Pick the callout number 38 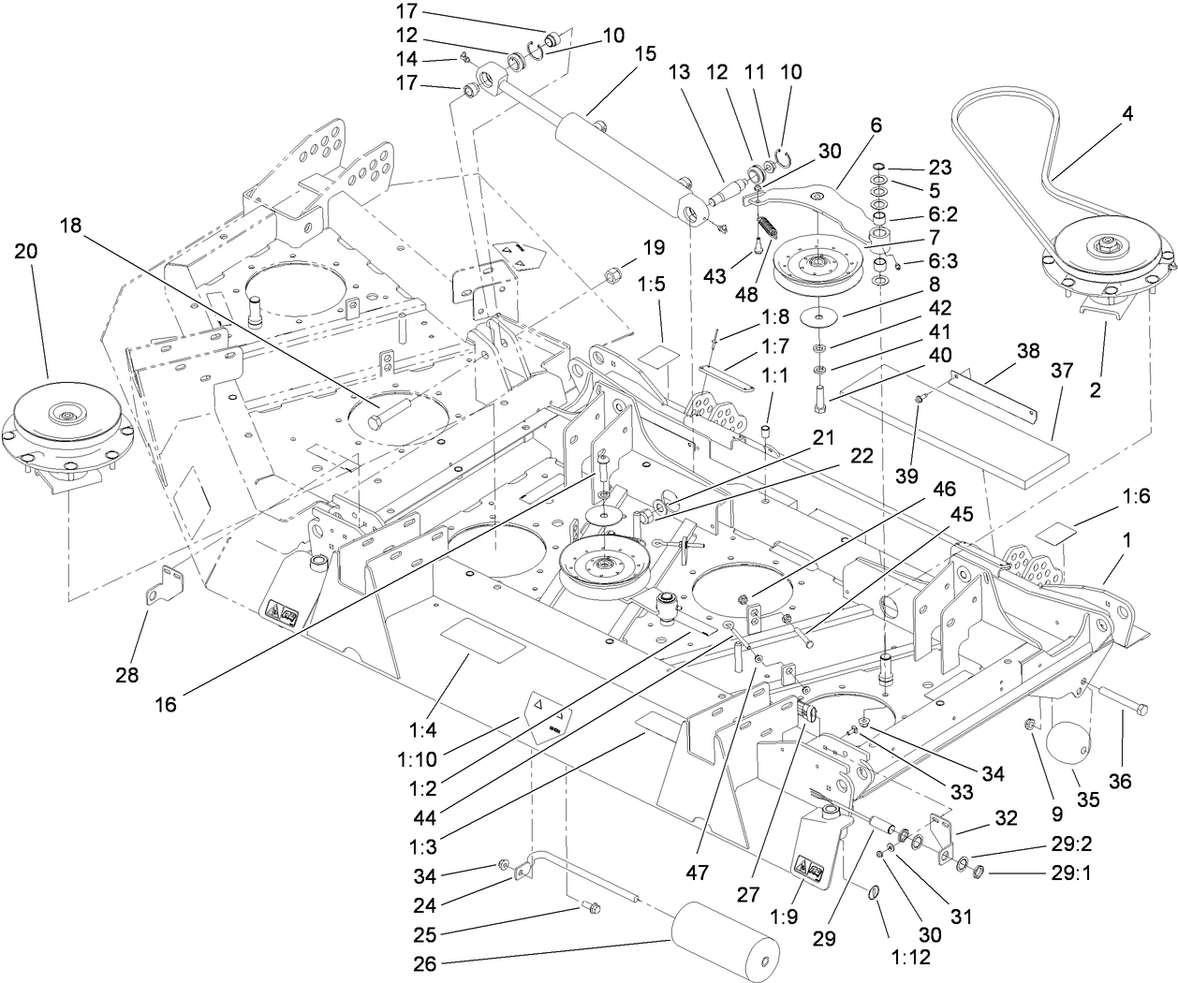1028,351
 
